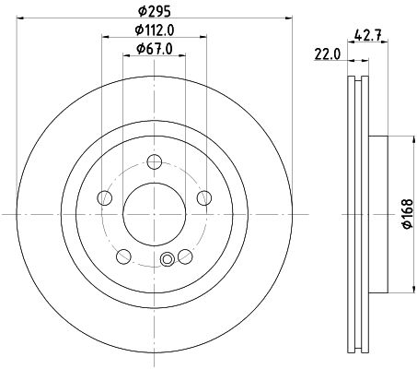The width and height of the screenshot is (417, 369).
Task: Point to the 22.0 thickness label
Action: coord(327,54)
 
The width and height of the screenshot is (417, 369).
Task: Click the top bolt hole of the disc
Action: coord(154,165)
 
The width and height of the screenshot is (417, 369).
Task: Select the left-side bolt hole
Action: coord(105,198)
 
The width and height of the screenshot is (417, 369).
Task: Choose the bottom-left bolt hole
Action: coord(123,256)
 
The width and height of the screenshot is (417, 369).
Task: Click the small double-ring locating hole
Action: coord(167,260)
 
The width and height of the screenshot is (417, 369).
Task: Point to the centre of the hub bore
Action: coord(153,214)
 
